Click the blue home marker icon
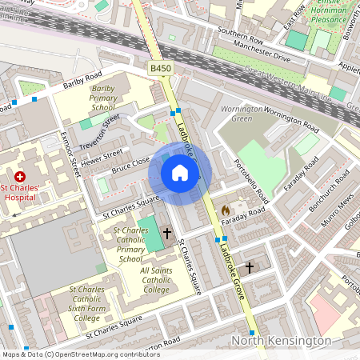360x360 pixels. click(x=180, y=173)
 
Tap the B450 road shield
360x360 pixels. click(x=160, y=70)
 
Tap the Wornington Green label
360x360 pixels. click(x=242, y=114)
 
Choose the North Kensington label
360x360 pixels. click(x=281, y=341)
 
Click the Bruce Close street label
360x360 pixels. click(x=130, y=166)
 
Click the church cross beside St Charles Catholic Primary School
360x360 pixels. click(x=167, y=234)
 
